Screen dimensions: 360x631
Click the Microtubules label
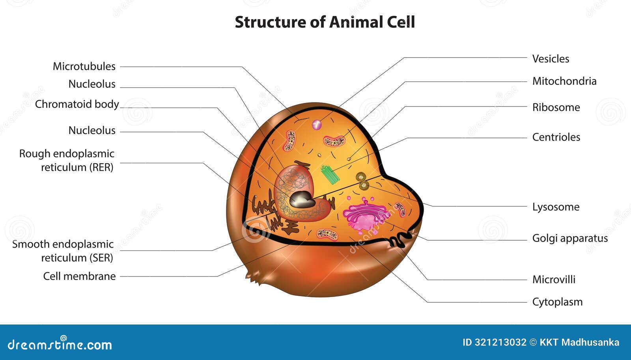[x=84, y=66]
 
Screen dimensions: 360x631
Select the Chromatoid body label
[x=77, y=104]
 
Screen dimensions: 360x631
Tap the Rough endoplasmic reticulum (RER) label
[x=67, y=160]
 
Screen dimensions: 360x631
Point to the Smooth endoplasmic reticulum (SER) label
[x=63, y=251]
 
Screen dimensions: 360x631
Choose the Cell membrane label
[x=79, y=276]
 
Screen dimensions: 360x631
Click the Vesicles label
[x=551, y=59]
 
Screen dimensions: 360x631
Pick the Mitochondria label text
[x=564, y=81]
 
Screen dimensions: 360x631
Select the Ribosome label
[x=556, y=107]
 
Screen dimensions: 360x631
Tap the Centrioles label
[x=556, y=137]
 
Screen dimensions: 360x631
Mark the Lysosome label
[x=556, y=207]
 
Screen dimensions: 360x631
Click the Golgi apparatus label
[x=570, y=238]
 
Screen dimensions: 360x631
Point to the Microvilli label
[x=554, y=280]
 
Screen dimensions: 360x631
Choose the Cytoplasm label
[x=557, y=302]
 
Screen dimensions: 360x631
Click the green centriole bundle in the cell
[x=330, y=175]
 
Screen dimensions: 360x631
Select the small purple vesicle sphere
[x=317, y=125]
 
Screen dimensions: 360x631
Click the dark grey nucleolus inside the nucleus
[x=301, y=200]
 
